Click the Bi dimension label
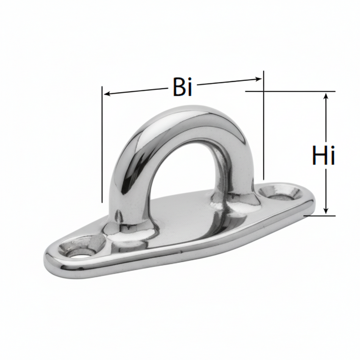[x=182, y=87]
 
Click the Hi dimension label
[x=323, y=155]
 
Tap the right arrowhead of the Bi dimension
[x=258, y=79]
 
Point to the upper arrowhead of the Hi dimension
[x=326, y=96]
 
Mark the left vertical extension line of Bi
[x=102, y=145]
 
